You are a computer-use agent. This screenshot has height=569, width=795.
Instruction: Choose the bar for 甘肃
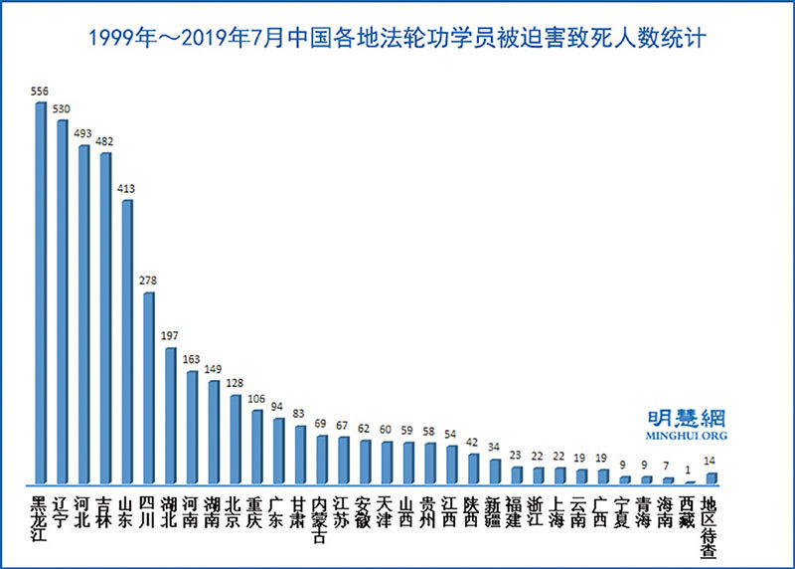click(x=300, y=454)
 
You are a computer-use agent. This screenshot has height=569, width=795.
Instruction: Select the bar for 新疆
click(x=495, y=472)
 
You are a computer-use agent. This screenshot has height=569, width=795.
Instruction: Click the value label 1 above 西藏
click(x=689, y=471)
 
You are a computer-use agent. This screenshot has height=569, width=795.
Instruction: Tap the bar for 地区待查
click(x=711, y=477)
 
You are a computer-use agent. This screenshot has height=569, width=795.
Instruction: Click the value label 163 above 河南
click(x=192, y=360)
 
